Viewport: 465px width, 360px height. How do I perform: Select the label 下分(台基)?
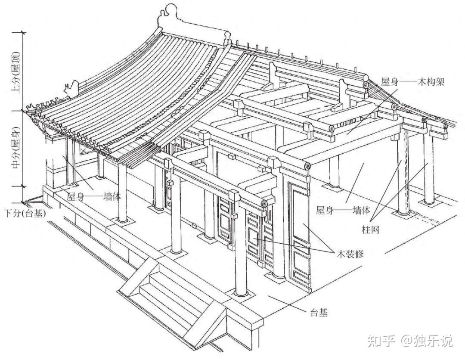(x=25, y=213)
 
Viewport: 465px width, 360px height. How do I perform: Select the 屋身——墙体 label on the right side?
(x=343, y=210)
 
